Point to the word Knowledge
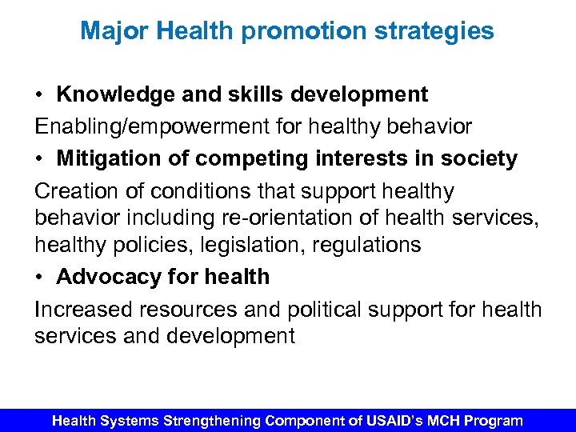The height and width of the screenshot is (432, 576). [x=114, y=94]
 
